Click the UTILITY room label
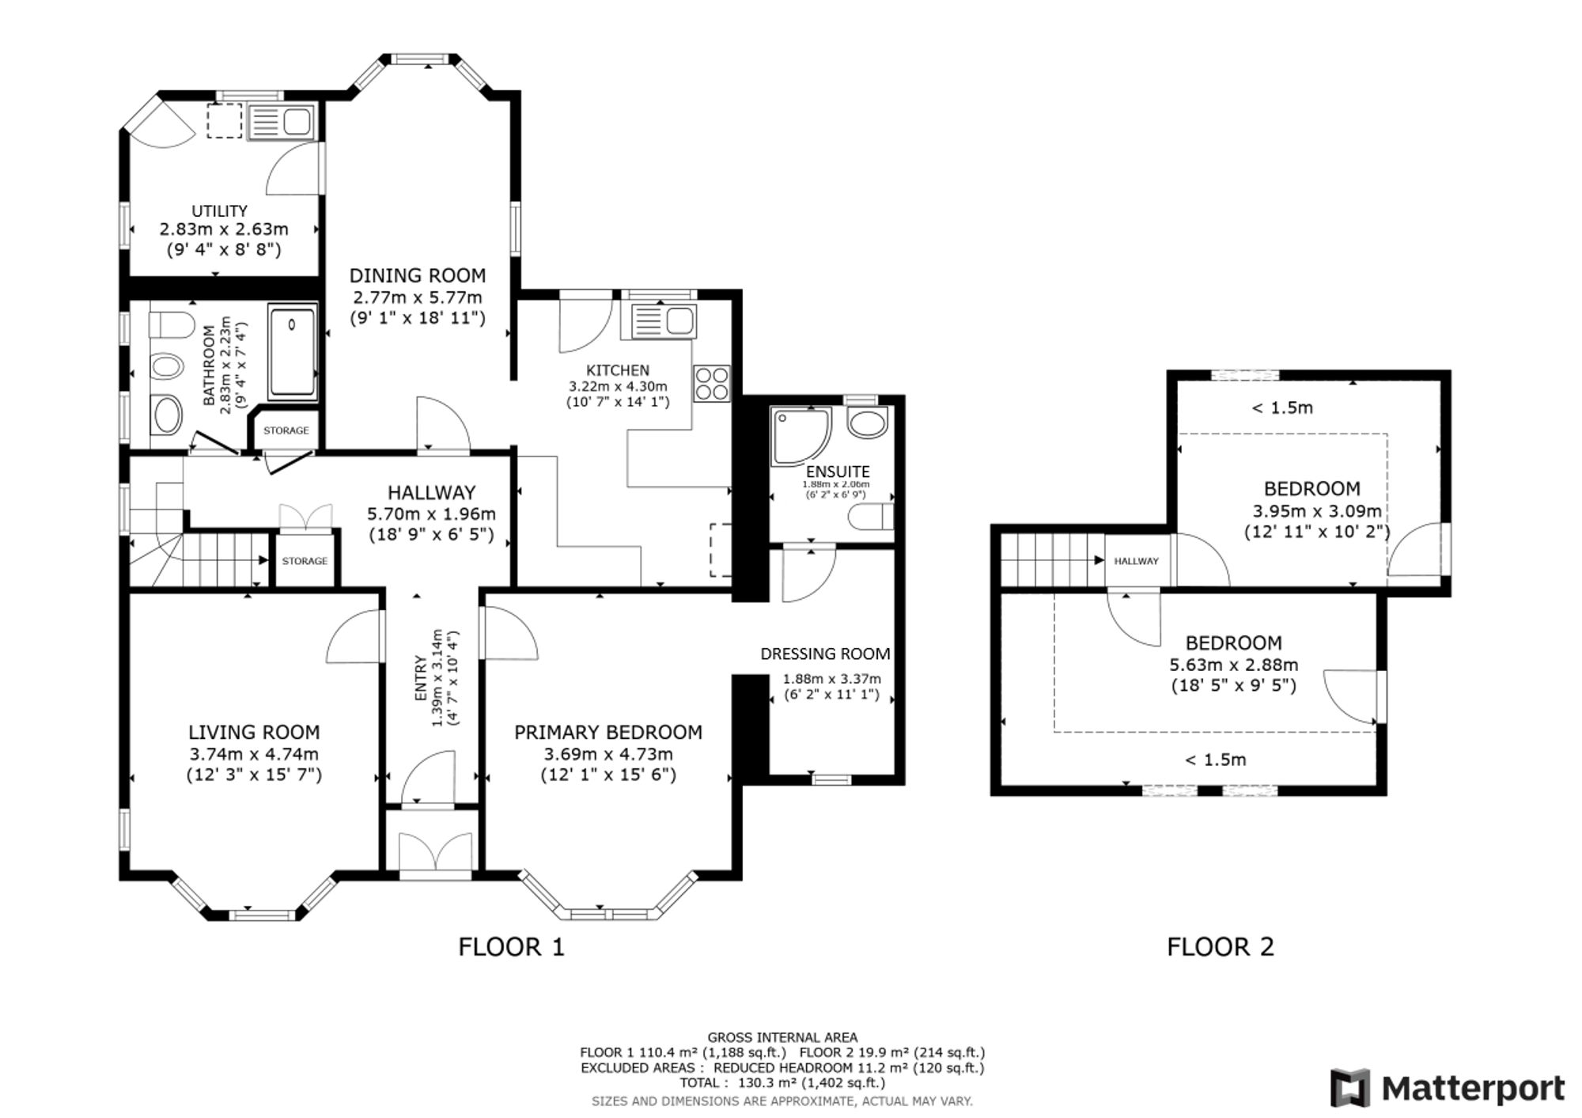point(219,211)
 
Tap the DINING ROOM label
point(418,275)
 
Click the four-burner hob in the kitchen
point(712,384)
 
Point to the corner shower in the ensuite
point(800,436)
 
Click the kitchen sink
point(658,321)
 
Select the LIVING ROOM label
point(254,733)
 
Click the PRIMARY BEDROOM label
point(608,733)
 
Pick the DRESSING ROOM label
point(825,654)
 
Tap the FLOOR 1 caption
point(512,946)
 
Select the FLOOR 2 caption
point(1221,946)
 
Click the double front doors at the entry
point(437,851)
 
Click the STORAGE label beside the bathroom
point(286,430)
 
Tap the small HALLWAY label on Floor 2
point(1136,561)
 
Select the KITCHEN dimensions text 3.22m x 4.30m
point(618,386)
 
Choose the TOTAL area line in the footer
point(782,1082)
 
